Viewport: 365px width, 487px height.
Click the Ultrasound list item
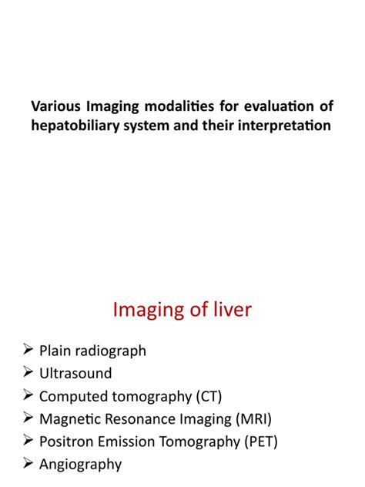[x=75, y=373]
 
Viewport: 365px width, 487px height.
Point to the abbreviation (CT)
[x=196, y=396]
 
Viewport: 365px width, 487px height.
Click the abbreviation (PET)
[x=259, y=442]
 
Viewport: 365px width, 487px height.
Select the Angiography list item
[x=80, y=465]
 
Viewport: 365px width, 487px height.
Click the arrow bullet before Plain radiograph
[x=27, y=351]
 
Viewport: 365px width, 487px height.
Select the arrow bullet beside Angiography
[x=27, y=465]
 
